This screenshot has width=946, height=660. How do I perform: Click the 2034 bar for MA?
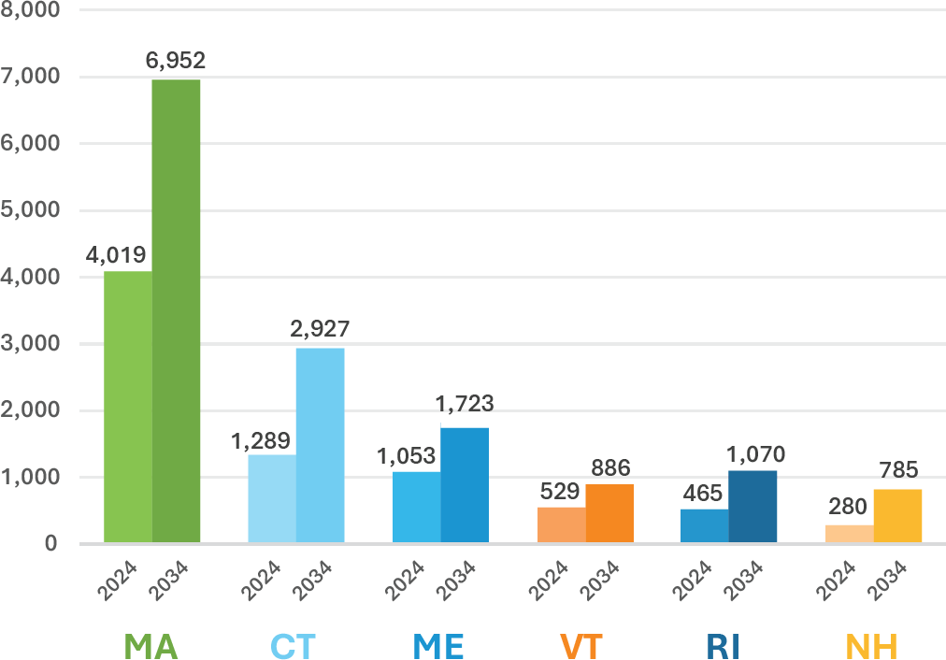pos(176,310)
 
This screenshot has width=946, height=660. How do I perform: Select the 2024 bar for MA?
pos(128,407)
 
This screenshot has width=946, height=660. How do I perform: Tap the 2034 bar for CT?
pos(321,445)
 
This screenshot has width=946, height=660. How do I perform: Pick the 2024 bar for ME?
pos(416,507)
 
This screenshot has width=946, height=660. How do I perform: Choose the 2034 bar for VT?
pos(609,513)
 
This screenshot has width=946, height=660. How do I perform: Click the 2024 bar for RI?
pos(705,525)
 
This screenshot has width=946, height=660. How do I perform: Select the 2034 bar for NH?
pos(897,516)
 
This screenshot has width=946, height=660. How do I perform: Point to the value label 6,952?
pos(176,62)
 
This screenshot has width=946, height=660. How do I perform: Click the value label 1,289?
pos(261,439)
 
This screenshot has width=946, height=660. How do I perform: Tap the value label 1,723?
pos(465,405)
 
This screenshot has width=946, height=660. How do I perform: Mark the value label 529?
pos(560,491)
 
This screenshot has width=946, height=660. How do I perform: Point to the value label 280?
pos(849,508)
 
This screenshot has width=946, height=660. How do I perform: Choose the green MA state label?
pos(151,646)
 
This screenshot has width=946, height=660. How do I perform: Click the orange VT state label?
pos(581,646)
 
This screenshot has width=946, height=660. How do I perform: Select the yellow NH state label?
pos(871,646)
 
